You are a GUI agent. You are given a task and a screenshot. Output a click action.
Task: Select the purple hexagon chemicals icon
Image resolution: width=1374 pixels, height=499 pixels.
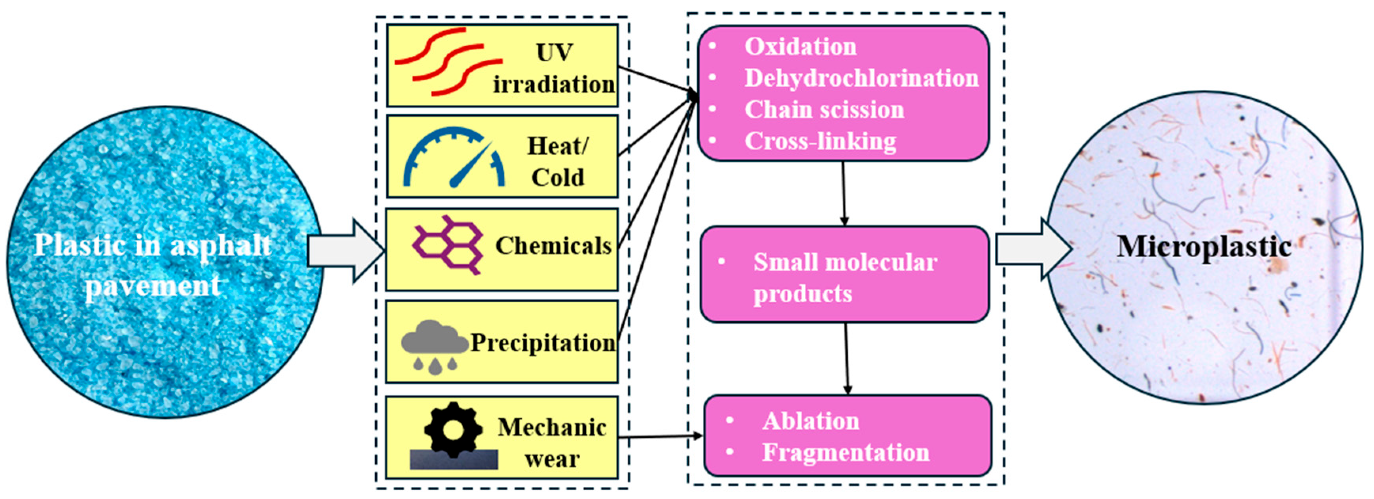click(448, 245)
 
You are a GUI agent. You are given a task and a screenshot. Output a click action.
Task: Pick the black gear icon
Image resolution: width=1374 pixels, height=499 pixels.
click(453, 430)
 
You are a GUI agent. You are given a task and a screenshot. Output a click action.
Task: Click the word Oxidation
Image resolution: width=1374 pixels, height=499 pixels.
click(800, 47)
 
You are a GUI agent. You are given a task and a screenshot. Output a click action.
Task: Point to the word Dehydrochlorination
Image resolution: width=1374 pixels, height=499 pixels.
click(861, 78)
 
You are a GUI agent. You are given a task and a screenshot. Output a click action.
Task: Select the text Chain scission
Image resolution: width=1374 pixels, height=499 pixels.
click(824, 110)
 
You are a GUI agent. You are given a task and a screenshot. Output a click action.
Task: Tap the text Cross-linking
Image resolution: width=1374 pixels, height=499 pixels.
click(820, 141)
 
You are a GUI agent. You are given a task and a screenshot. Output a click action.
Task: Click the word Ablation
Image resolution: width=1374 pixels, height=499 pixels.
click(811, 421)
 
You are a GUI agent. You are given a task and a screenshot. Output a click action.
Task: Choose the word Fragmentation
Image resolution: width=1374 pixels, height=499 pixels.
click(846, 453)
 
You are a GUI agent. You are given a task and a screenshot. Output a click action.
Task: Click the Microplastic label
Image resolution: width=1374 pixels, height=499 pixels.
click(1204, 247)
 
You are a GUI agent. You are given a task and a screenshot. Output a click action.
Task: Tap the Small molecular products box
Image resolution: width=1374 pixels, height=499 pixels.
click(844, 275)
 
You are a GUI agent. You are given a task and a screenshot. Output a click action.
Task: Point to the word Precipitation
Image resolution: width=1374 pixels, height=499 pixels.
click(543, 343)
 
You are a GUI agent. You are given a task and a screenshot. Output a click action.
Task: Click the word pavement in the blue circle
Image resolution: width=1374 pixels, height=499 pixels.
click(153, 286)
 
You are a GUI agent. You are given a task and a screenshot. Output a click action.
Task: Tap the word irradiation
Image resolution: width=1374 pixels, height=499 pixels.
click(554, 84)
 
